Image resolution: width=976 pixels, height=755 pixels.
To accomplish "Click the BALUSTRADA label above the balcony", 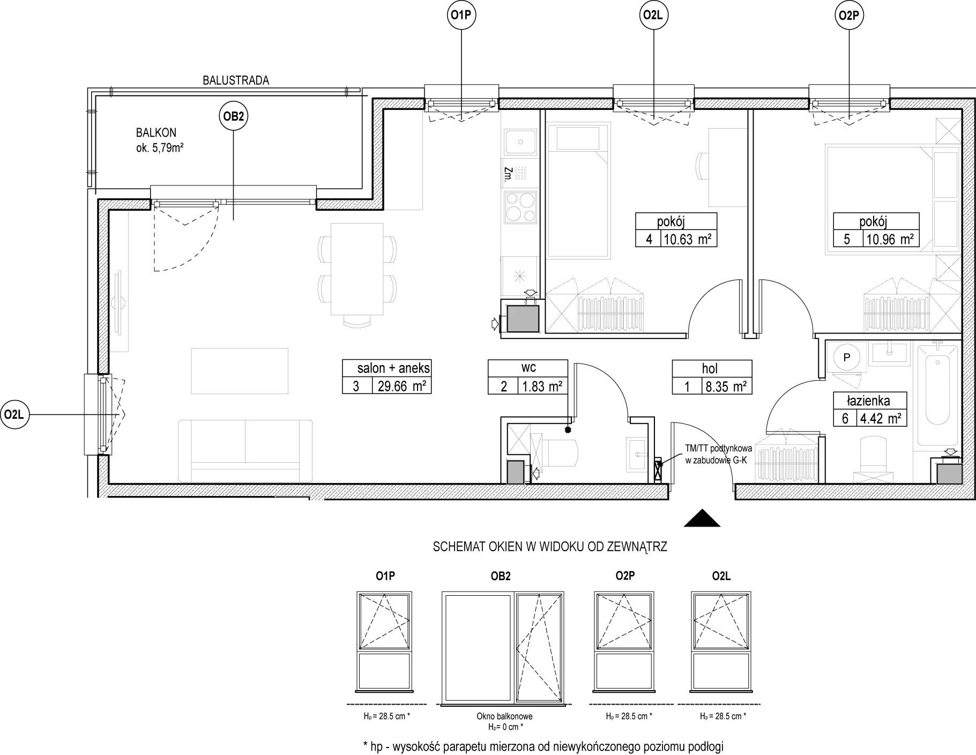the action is (x=236, y=80).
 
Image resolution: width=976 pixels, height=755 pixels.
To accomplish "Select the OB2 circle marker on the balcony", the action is (x=233, y=117).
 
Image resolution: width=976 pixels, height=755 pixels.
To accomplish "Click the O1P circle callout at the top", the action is (x=461, y=16).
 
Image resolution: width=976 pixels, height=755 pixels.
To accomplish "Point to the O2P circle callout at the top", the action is (x=850, y=16).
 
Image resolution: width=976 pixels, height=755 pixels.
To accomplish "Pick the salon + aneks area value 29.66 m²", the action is (x=401, y=386).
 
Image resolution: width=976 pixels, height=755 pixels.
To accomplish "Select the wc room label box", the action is (x=528, y=377).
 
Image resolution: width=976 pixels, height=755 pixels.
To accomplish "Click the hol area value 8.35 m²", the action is (x=725, y=386).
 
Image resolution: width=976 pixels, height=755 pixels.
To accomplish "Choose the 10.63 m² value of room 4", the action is (x=688, y=239).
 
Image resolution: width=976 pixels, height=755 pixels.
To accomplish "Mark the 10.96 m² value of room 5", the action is (x=889, y=239).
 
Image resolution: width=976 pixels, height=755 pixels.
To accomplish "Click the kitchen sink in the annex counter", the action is (x=519, y=143).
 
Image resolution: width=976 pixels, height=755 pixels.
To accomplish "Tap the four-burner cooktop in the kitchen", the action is (x=520, y=208).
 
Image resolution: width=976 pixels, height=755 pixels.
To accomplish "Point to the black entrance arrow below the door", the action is (x=702, y=518).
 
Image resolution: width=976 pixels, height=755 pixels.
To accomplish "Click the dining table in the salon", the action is (x=357, y=269).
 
